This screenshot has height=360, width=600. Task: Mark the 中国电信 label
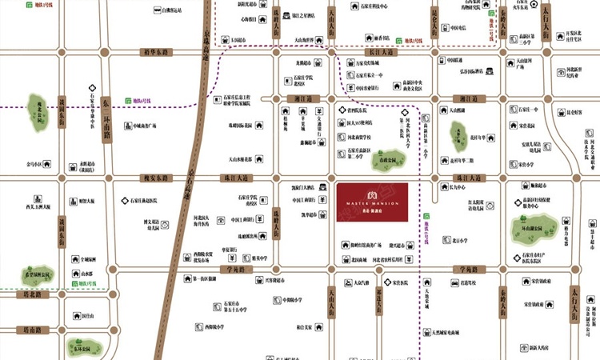(458, 28)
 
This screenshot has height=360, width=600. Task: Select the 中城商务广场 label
(150, 126)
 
